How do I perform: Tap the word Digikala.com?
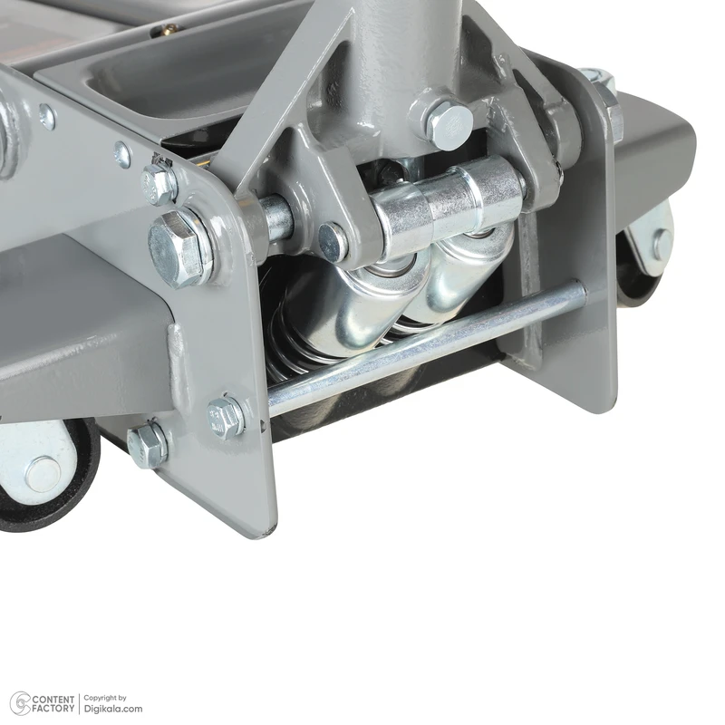pyautogui.click(x=112, y=709)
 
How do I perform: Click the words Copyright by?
pyautogui.click(x=105, y=698)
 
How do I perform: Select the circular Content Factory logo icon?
pyautogui.click(x=20, y=703)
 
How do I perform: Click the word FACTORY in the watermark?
pyautogui.click(x=53, y=709)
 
